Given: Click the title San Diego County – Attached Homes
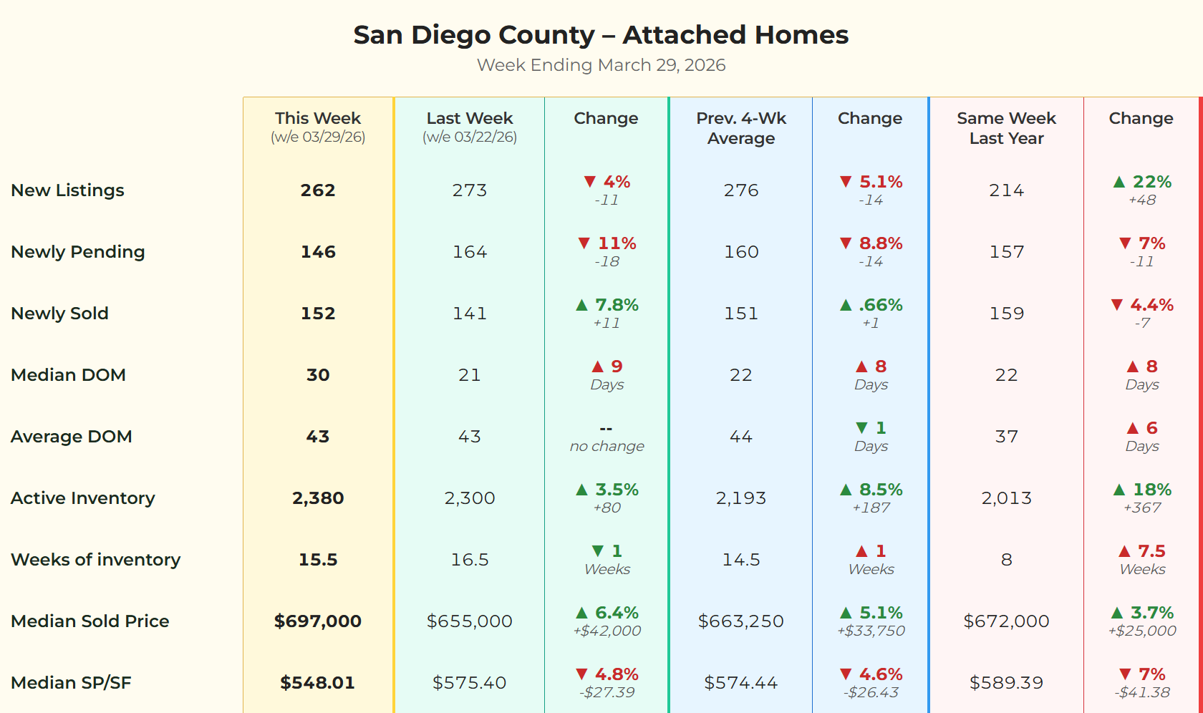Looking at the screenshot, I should (x=601, y=35).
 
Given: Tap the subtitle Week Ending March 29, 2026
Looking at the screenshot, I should (x=601, y=65).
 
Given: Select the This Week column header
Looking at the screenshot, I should (x=318, y=119).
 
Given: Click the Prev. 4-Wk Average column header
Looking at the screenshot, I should (x=741, y=128).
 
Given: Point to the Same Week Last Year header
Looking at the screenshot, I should (x=1006, y=128).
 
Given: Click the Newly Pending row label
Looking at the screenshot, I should (x=78, y=252).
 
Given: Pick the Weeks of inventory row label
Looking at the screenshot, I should (x=96, y=560).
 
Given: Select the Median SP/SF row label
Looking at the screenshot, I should (x=72, y=683).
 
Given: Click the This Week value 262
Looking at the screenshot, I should (x=318, y=190).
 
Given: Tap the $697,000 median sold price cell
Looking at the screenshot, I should (x=318, y=621).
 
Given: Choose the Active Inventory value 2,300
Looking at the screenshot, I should (x=470, y=498).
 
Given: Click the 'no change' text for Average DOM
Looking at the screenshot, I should (x=607, y=447).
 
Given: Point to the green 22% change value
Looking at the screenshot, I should (x=1151, y=182).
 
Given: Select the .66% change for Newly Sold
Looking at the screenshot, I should (x=880, y=305).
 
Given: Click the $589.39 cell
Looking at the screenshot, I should (x=1006, y=683).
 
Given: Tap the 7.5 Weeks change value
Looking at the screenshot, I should (x=1151, y=551).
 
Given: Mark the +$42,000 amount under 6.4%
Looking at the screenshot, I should (x=607, y=631).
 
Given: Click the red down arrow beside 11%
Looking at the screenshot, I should (x=584, y=243).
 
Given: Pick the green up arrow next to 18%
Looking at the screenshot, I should (x=1119, y=490).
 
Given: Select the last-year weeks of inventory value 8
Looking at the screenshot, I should (x=1006, y=560).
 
